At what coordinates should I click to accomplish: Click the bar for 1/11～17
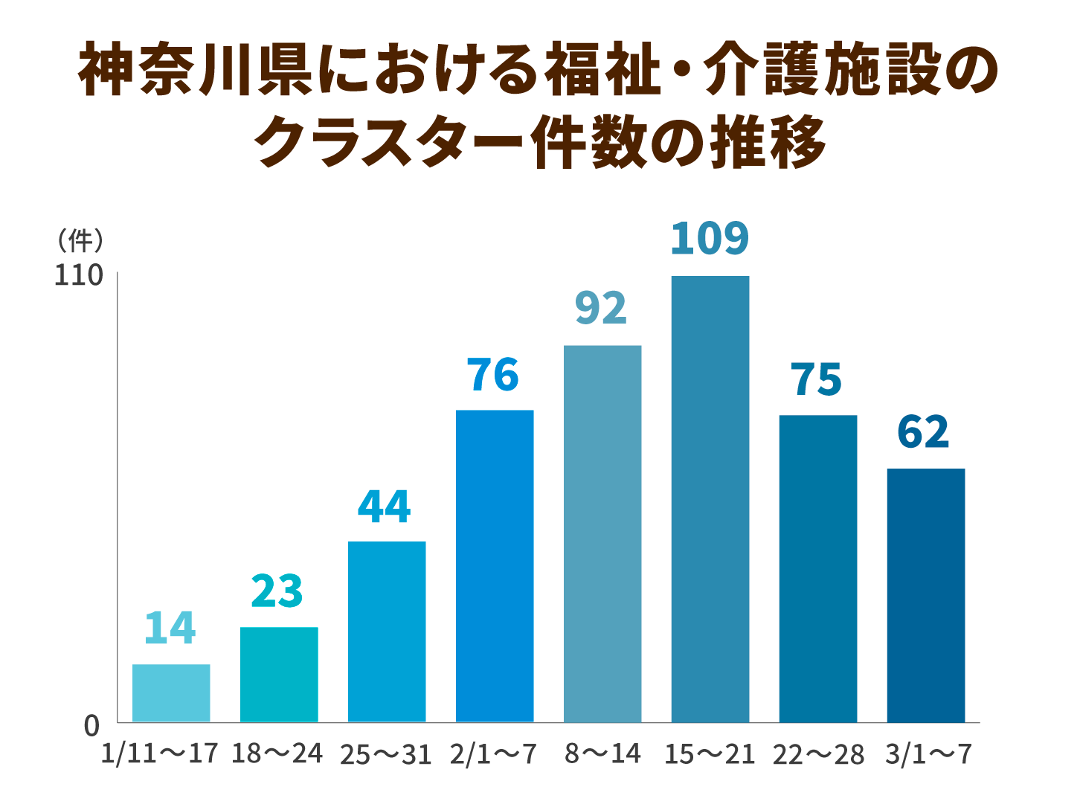pos(171,692)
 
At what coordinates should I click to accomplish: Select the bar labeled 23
pos(279,674)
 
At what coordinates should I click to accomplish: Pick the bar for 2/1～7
pos(495,565)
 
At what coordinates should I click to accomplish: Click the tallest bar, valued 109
pos(710,498)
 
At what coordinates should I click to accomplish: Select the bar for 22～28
pos(818,568)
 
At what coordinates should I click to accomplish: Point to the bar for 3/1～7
pos(926,595)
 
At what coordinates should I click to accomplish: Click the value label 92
pos(601,309)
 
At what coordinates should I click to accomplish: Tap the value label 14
pos(170,628)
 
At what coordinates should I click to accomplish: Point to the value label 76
pos(493,375)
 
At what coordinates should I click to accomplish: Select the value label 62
pos(924,432)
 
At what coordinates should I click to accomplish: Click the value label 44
pos(384,507)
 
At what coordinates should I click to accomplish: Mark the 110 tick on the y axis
pos(78,276)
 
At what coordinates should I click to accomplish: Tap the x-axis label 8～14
pos(602,754)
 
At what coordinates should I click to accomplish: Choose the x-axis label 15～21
pos(710,754)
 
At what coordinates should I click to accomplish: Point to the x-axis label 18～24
pos(277,754)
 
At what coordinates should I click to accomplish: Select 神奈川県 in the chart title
pos(195,71)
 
